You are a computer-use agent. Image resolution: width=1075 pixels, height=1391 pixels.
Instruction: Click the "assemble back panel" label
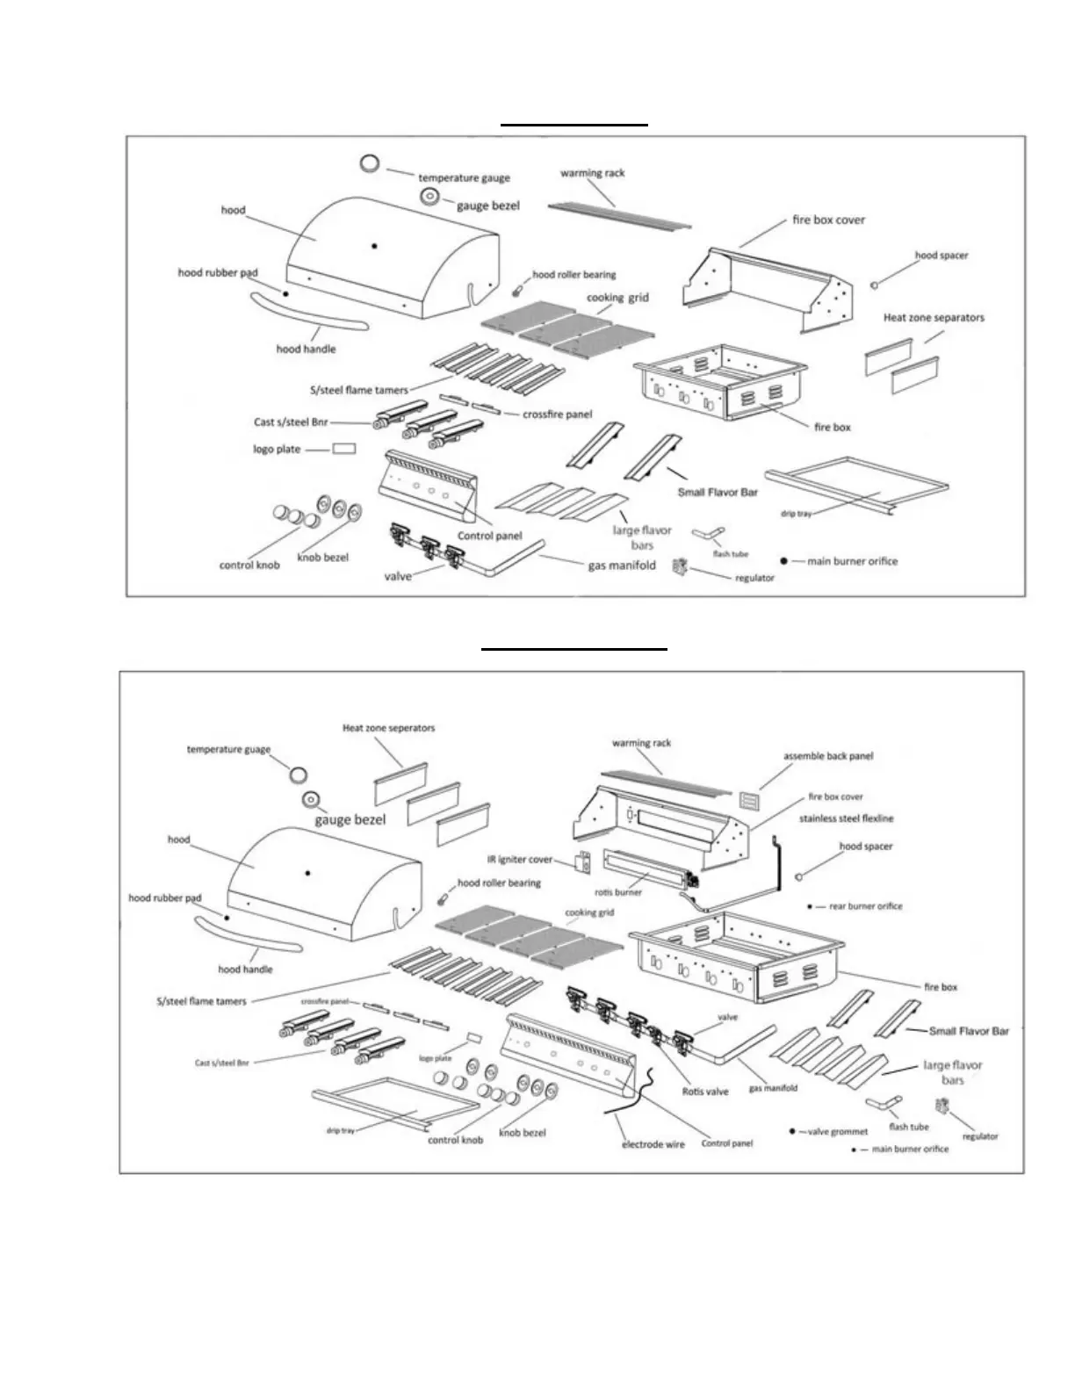tap(828, 755)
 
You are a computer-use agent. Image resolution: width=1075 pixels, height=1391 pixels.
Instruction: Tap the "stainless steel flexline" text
tap(846, 818)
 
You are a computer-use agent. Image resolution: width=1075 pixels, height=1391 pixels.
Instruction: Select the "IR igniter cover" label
tap(520, 860)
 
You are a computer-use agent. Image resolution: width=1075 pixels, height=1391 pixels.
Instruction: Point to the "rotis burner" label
tap(618, 892)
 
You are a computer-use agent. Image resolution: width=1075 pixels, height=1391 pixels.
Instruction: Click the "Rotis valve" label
tap(705, 1092)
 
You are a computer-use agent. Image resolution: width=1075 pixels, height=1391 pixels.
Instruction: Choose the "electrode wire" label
tap(653, 1144)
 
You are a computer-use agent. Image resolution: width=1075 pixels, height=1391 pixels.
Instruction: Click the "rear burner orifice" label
tap(865, 906)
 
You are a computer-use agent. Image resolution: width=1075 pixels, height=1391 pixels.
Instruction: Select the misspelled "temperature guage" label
tap(228, 749)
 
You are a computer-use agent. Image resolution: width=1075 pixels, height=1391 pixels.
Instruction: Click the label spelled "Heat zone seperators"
tap(388, 727)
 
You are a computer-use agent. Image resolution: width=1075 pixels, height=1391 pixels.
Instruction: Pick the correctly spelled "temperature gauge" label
tap(464, 178)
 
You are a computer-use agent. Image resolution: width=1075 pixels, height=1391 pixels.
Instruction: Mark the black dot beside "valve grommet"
tap(792, 1132)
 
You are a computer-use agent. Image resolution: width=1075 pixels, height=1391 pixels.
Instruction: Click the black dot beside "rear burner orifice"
tap(809, 906)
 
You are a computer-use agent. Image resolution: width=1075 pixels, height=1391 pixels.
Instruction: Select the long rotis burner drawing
tap(643, 868)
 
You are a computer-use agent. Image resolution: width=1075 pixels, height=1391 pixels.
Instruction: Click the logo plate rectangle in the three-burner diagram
tap(343, 449)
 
